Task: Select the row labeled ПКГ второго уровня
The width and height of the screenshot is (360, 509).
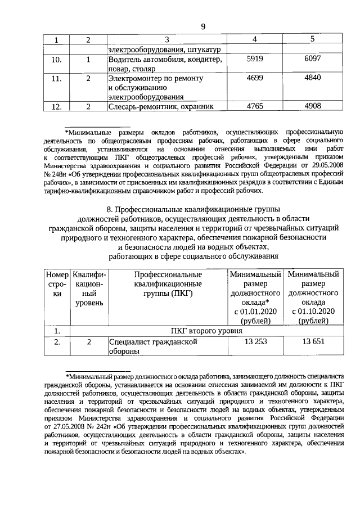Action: point(206,331)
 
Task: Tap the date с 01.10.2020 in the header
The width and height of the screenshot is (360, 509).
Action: point(313,312)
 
